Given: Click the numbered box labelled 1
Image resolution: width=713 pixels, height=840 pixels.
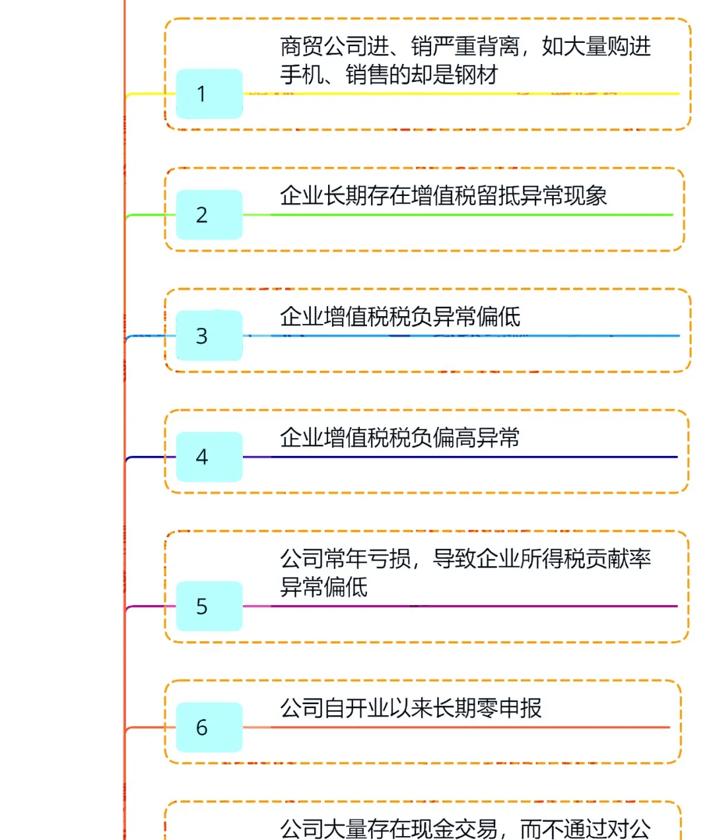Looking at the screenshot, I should coord(209,94).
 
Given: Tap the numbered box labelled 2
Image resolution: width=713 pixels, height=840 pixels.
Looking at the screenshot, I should coord(209,214).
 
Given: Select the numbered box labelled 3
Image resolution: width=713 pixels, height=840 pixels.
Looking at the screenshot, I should coord(209,336).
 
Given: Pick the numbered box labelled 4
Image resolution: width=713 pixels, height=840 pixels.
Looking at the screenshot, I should coord(209,457).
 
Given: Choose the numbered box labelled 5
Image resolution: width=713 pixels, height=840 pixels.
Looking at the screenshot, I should coord(209,606).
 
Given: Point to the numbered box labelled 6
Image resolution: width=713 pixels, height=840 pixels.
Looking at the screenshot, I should coord(209,727).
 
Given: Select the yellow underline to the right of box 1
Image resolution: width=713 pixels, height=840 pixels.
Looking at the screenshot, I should coord(462,94).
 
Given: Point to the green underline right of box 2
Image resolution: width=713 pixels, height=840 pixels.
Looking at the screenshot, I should coord(462,214).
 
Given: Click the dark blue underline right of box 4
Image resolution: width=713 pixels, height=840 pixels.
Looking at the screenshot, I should coord(462,457).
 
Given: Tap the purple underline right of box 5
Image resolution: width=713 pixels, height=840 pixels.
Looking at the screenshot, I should coord(462,606).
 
